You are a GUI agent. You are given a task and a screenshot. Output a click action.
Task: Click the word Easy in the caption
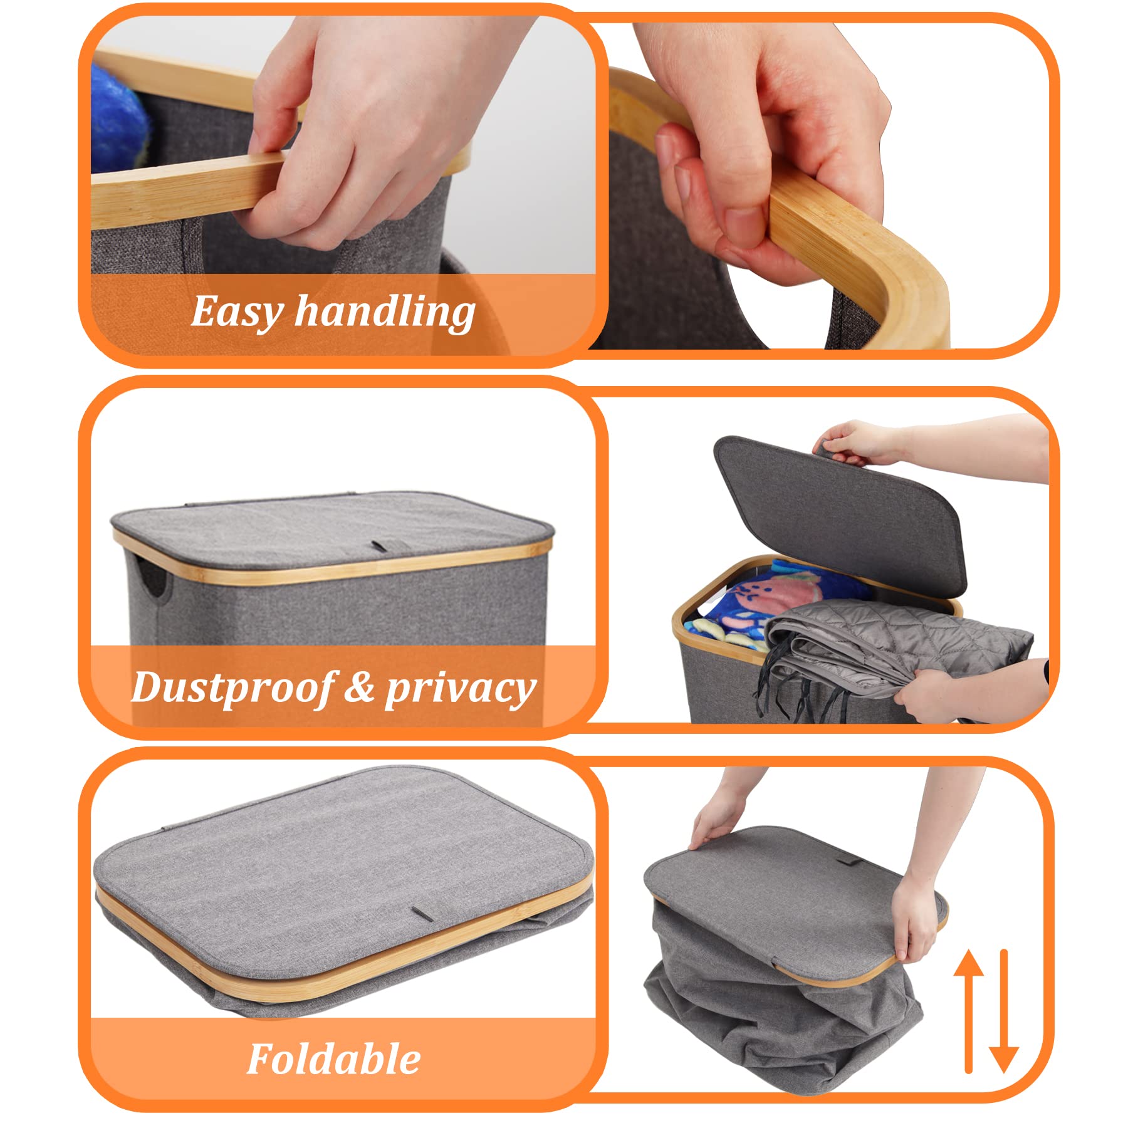(237, 312)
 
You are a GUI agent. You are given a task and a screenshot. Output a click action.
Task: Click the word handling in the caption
(385, 311)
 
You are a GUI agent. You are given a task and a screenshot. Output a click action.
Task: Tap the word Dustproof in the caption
(231, 688)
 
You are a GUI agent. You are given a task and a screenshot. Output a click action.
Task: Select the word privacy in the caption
(461, 689)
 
